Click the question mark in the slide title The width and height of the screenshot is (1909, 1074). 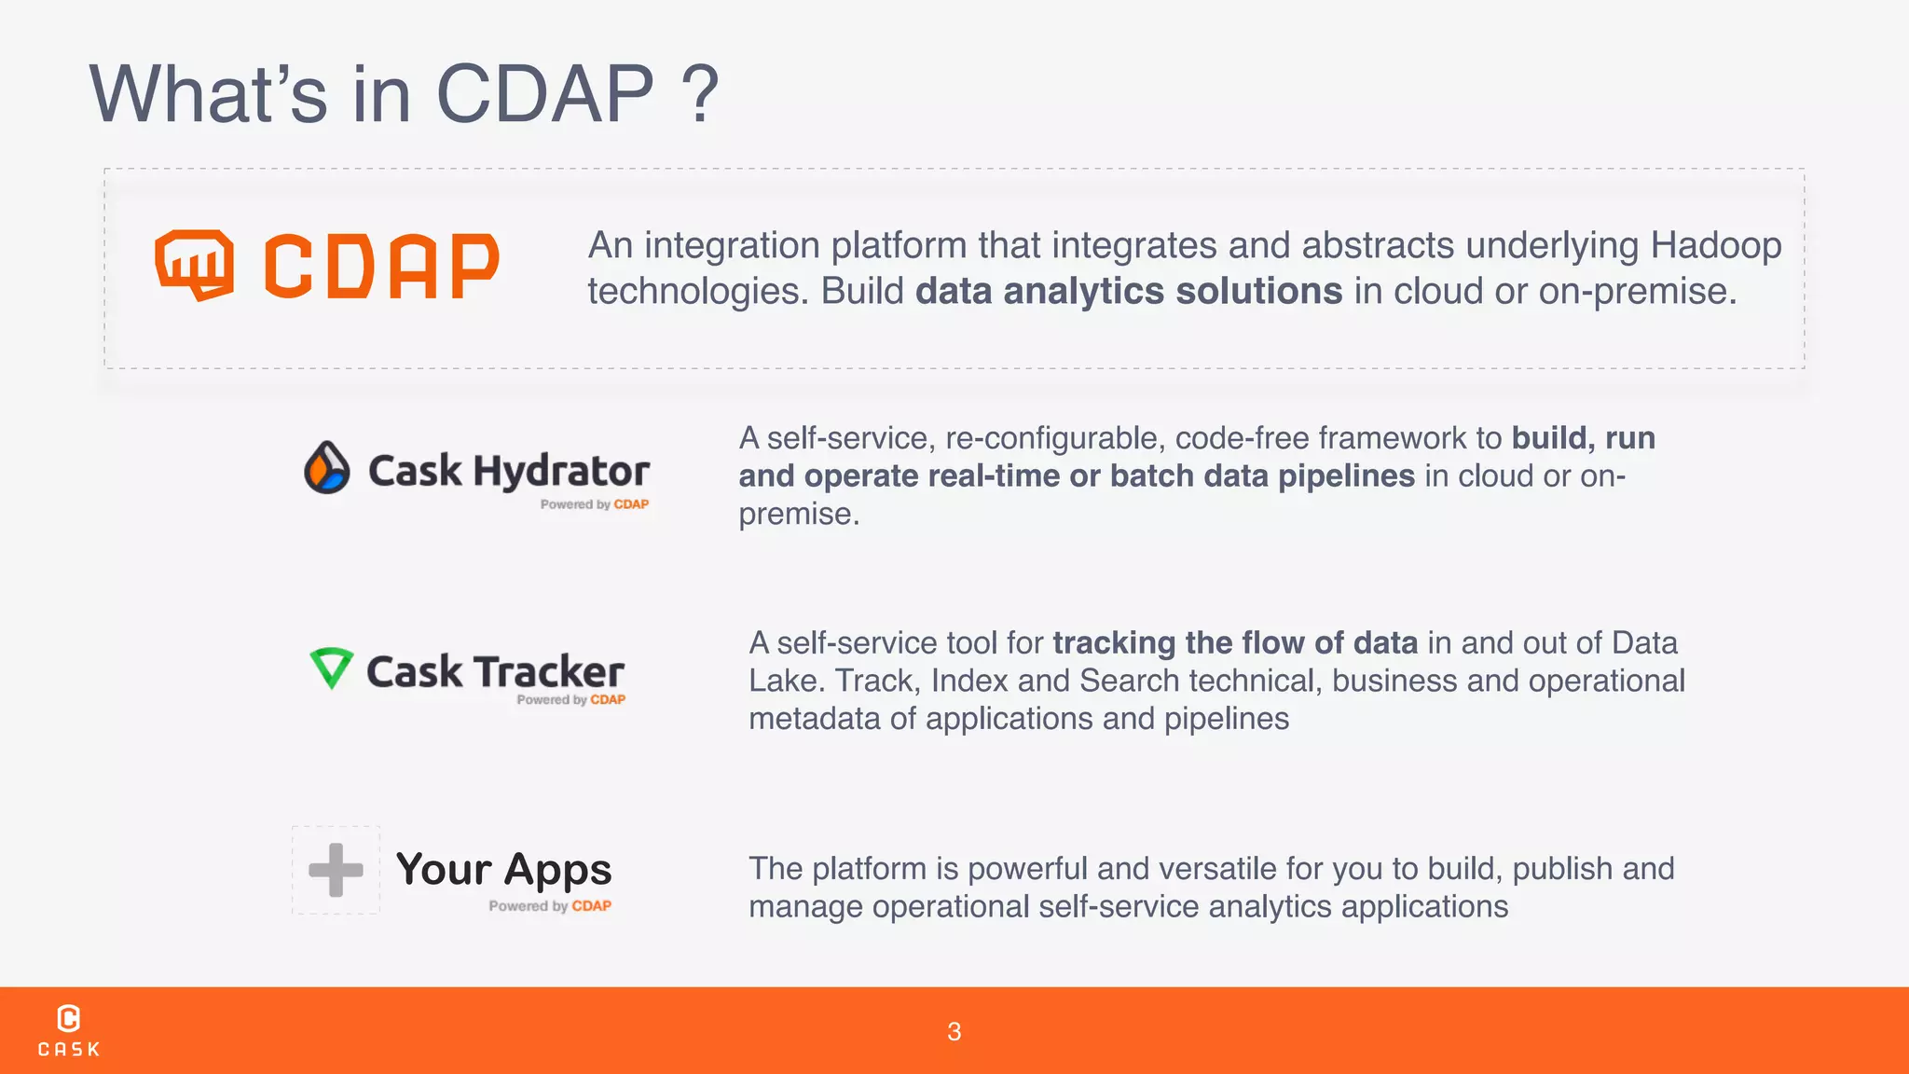point(700,94)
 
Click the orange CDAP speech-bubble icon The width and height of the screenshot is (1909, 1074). point(194,264)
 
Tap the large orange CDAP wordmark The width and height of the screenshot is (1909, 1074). point(381,267)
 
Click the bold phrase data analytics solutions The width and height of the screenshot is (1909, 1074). point(1129,291)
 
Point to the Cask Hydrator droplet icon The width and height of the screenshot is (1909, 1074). point(327,467)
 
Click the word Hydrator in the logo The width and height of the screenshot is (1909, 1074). point(561,471)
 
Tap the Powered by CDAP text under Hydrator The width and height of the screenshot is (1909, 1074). point(594,504)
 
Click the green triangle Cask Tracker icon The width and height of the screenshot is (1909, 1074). point(331,668)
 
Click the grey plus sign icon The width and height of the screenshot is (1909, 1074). point(336,870)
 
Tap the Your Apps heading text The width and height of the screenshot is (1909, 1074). point(503,869)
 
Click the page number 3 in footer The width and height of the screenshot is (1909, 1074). point(954,1031)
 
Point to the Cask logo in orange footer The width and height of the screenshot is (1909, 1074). point(69,1030)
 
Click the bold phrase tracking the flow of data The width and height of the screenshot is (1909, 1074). point(1235,642)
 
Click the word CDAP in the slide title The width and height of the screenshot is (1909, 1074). point(545,94)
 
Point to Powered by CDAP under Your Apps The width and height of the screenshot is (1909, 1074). point(550,906)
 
